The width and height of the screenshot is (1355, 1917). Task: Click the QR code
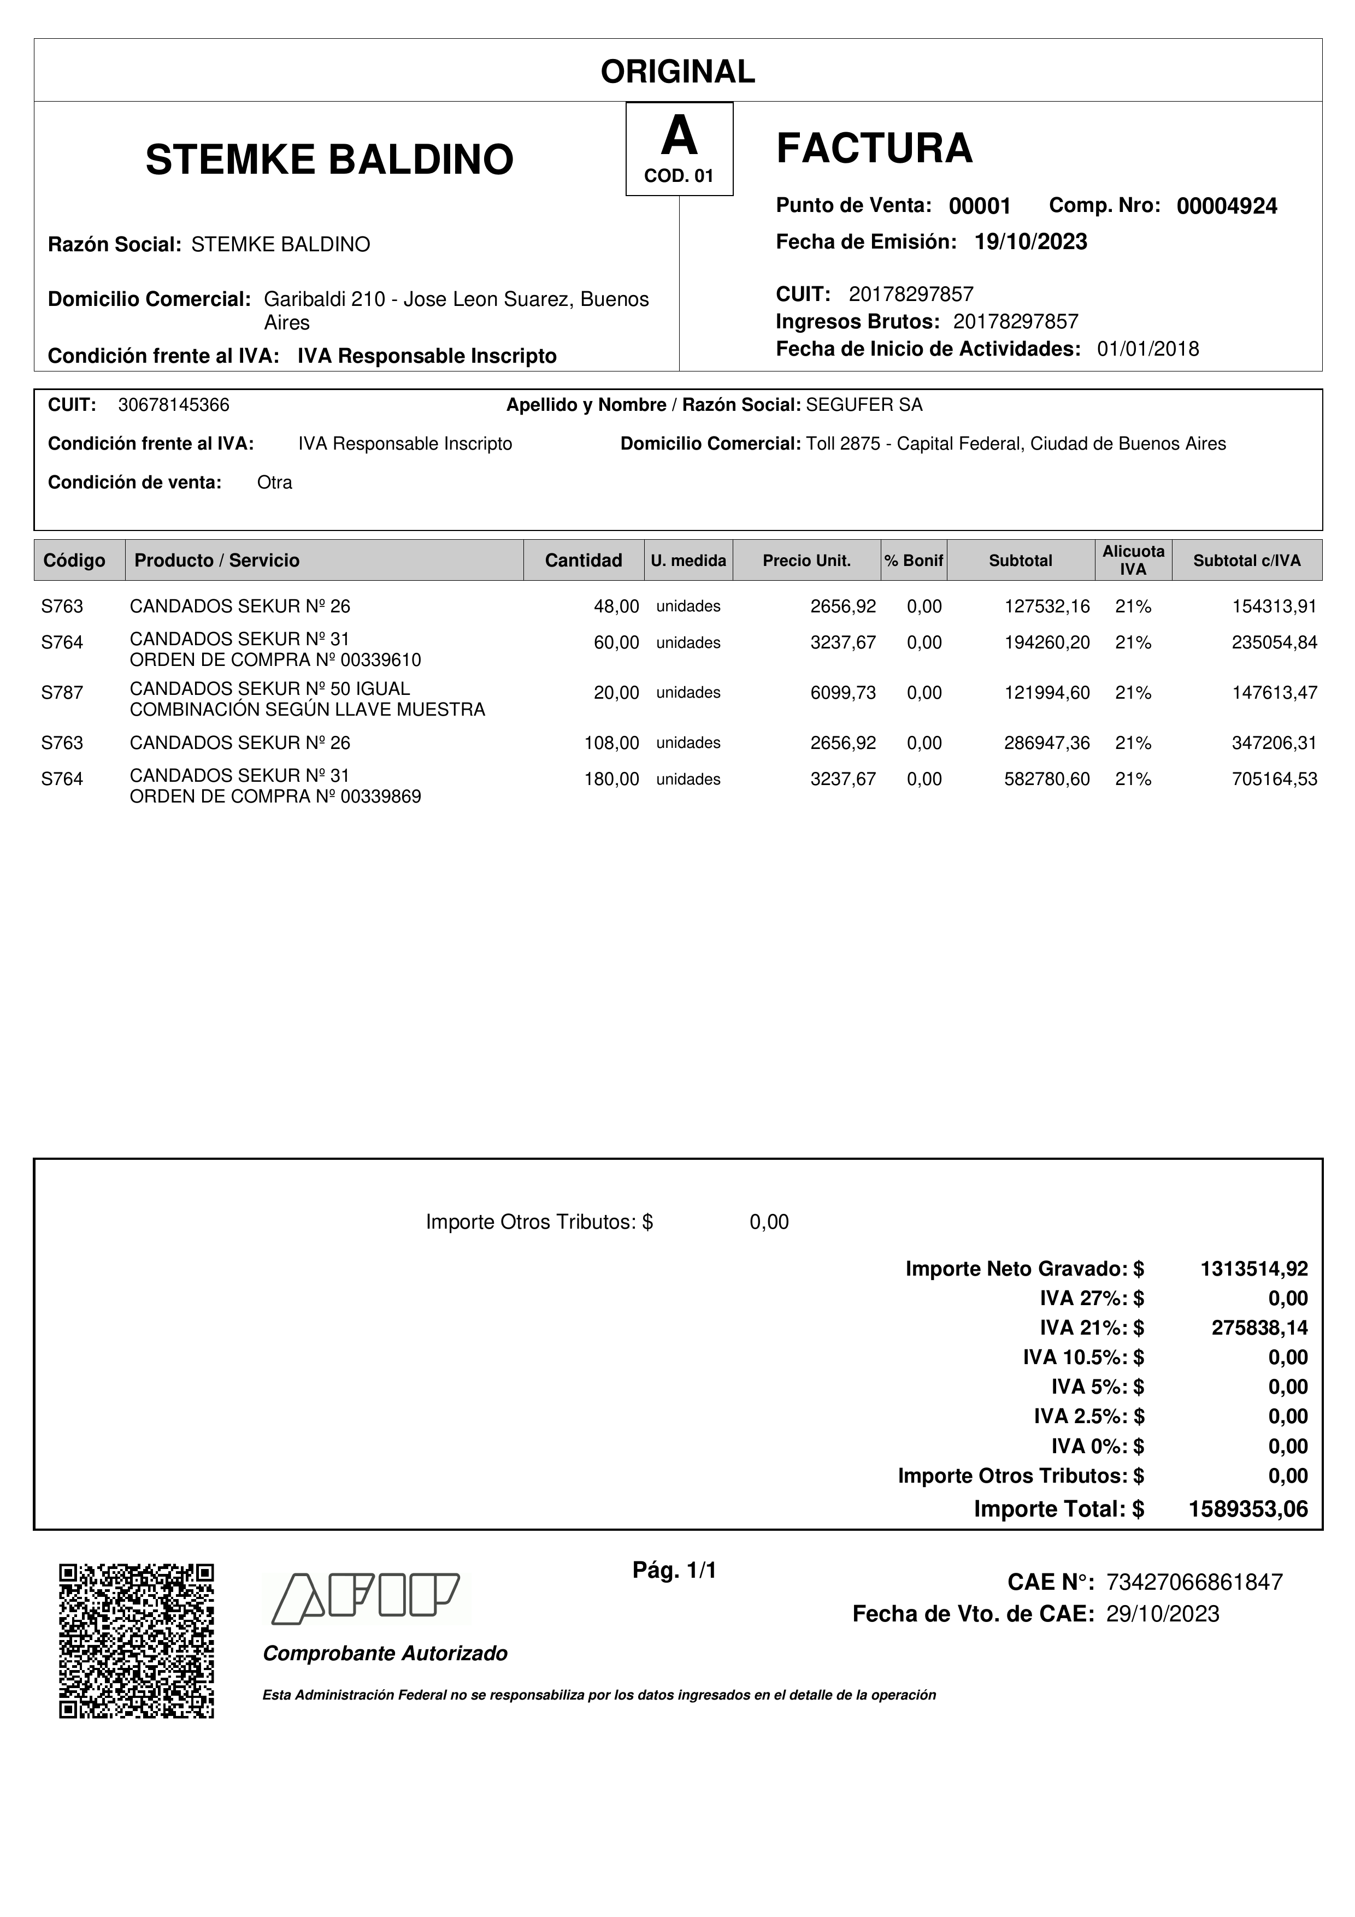click(x=136, y=1641)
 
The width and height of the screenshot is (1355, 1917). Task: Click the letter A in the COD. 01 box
click(x=679, y=137)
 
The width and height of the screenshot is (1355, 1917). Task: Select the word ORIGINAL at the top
click(x=678, y=72)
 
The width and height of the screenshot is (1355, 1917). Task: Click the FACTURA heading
click(x=874, y=149)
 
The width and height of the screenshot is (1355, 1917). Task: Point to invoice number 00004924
click(x=1227, y=206)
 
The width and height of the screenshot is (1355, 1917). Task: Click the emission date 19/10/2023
click(x=1031, y=242)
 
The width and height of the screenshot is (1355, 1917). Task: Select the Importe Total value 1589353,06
click(x=1248, y=1509)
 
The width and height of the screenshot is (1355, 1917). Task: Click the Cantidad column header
click(x=583, y=560)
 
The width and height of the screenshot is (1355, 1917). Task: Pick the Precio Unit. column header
click(x=806, y=560)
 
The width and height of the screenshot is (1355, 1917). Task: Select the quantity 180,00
click(x=611, y=779)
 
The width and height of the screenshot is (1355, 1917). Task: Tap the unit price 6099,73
click(x=843, y=692)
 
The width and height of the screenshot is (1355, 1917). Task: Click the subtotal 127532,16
click(x=1046, y=606)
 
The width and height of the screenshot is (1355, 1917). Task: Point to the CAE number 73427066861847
click(x=1194, y=1582)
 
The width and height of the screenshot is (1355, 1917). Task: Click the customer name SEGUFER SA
click(x=864, y=405)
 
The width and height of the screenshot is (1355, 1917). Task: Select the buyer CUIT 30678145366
click(x=174, y=405)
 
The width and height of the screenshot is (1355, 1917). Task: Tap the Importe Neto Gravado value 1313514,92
click(x=1254, y=1269)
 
